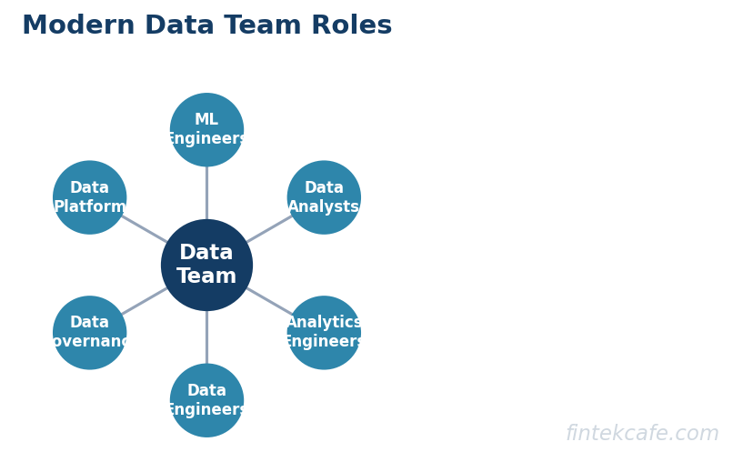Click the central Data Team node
point(206,265)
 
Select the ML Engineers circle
point(206,130)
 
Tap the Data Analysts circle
point(324,197)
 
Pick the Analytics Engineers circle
point(324,333)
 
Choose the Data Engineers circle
point(206,400)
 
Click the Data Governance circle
point(89,333)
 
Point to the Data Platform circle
point(89,197)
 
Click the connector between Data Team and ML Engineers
point(206,193)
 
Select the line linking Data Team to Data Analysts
point(268,229)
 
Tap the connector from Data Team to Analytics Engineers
point(268,300)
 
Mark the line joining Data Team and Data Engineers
point(206,337)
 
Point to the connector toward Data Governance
point(145,301)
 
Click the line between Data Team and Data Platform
point(145,229)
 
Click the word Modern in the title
point(78,25)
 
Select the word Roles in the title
point(351,25)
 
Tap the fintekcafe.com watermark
point(642,434)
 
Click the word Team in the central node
point(206,277)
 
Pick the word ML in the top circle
point(206,120)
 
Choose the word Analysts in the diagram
point(324,207)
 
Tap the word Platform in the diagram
point(89,207)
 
